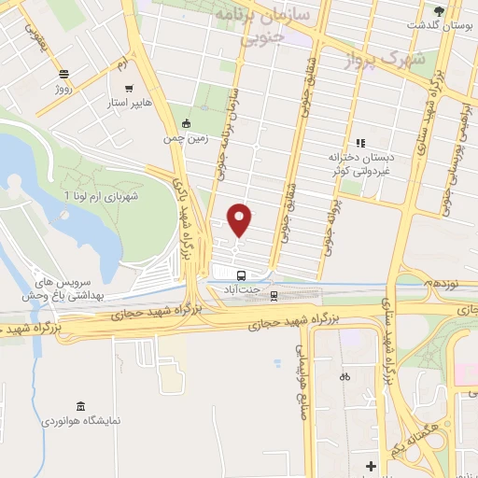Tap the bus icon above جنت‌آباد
coord(242,275)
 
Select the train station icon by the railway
coord(274,296)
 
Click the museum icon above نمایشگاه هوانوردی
coord(79,406)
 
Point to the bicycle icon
coord(344,377)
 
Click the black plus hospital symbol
coord(371,465)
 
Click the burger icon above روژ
coord(63,74)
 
